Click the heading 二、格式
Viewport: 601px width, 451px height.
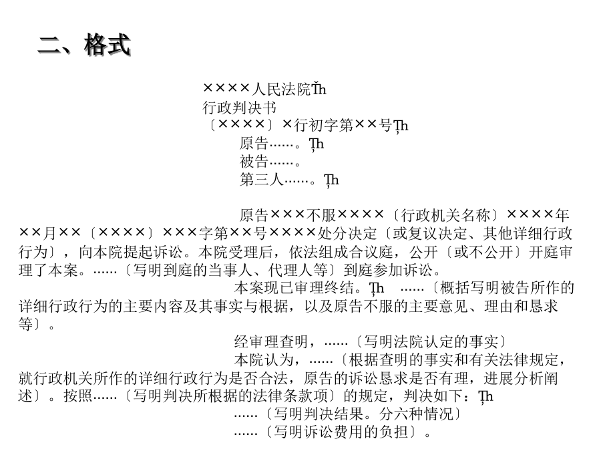[x=85, y=45]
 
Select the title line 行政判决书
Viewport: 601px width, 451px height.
[x=239, y=108]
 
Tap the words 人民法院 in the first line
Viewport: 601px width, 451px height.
[x=281, y=90]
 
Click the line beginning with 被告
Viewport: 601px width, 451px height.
[x=270, y=162]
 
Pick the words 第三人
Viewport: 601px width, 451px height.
[x=262, y=180]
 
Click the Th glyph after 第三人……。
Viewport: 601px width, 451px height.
[x=331, y=180]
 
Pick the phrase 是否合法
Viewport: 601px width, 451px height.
[x=258, y=379]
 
